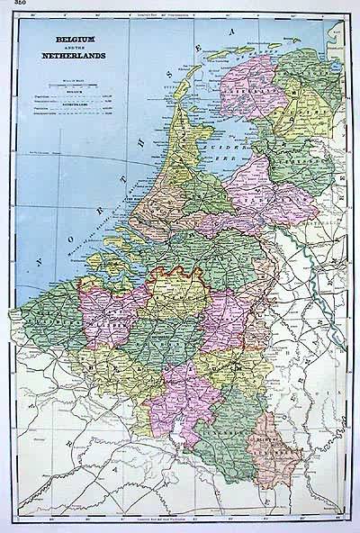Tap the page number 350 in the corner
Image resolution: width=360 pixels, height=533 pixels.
(11, 5)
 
